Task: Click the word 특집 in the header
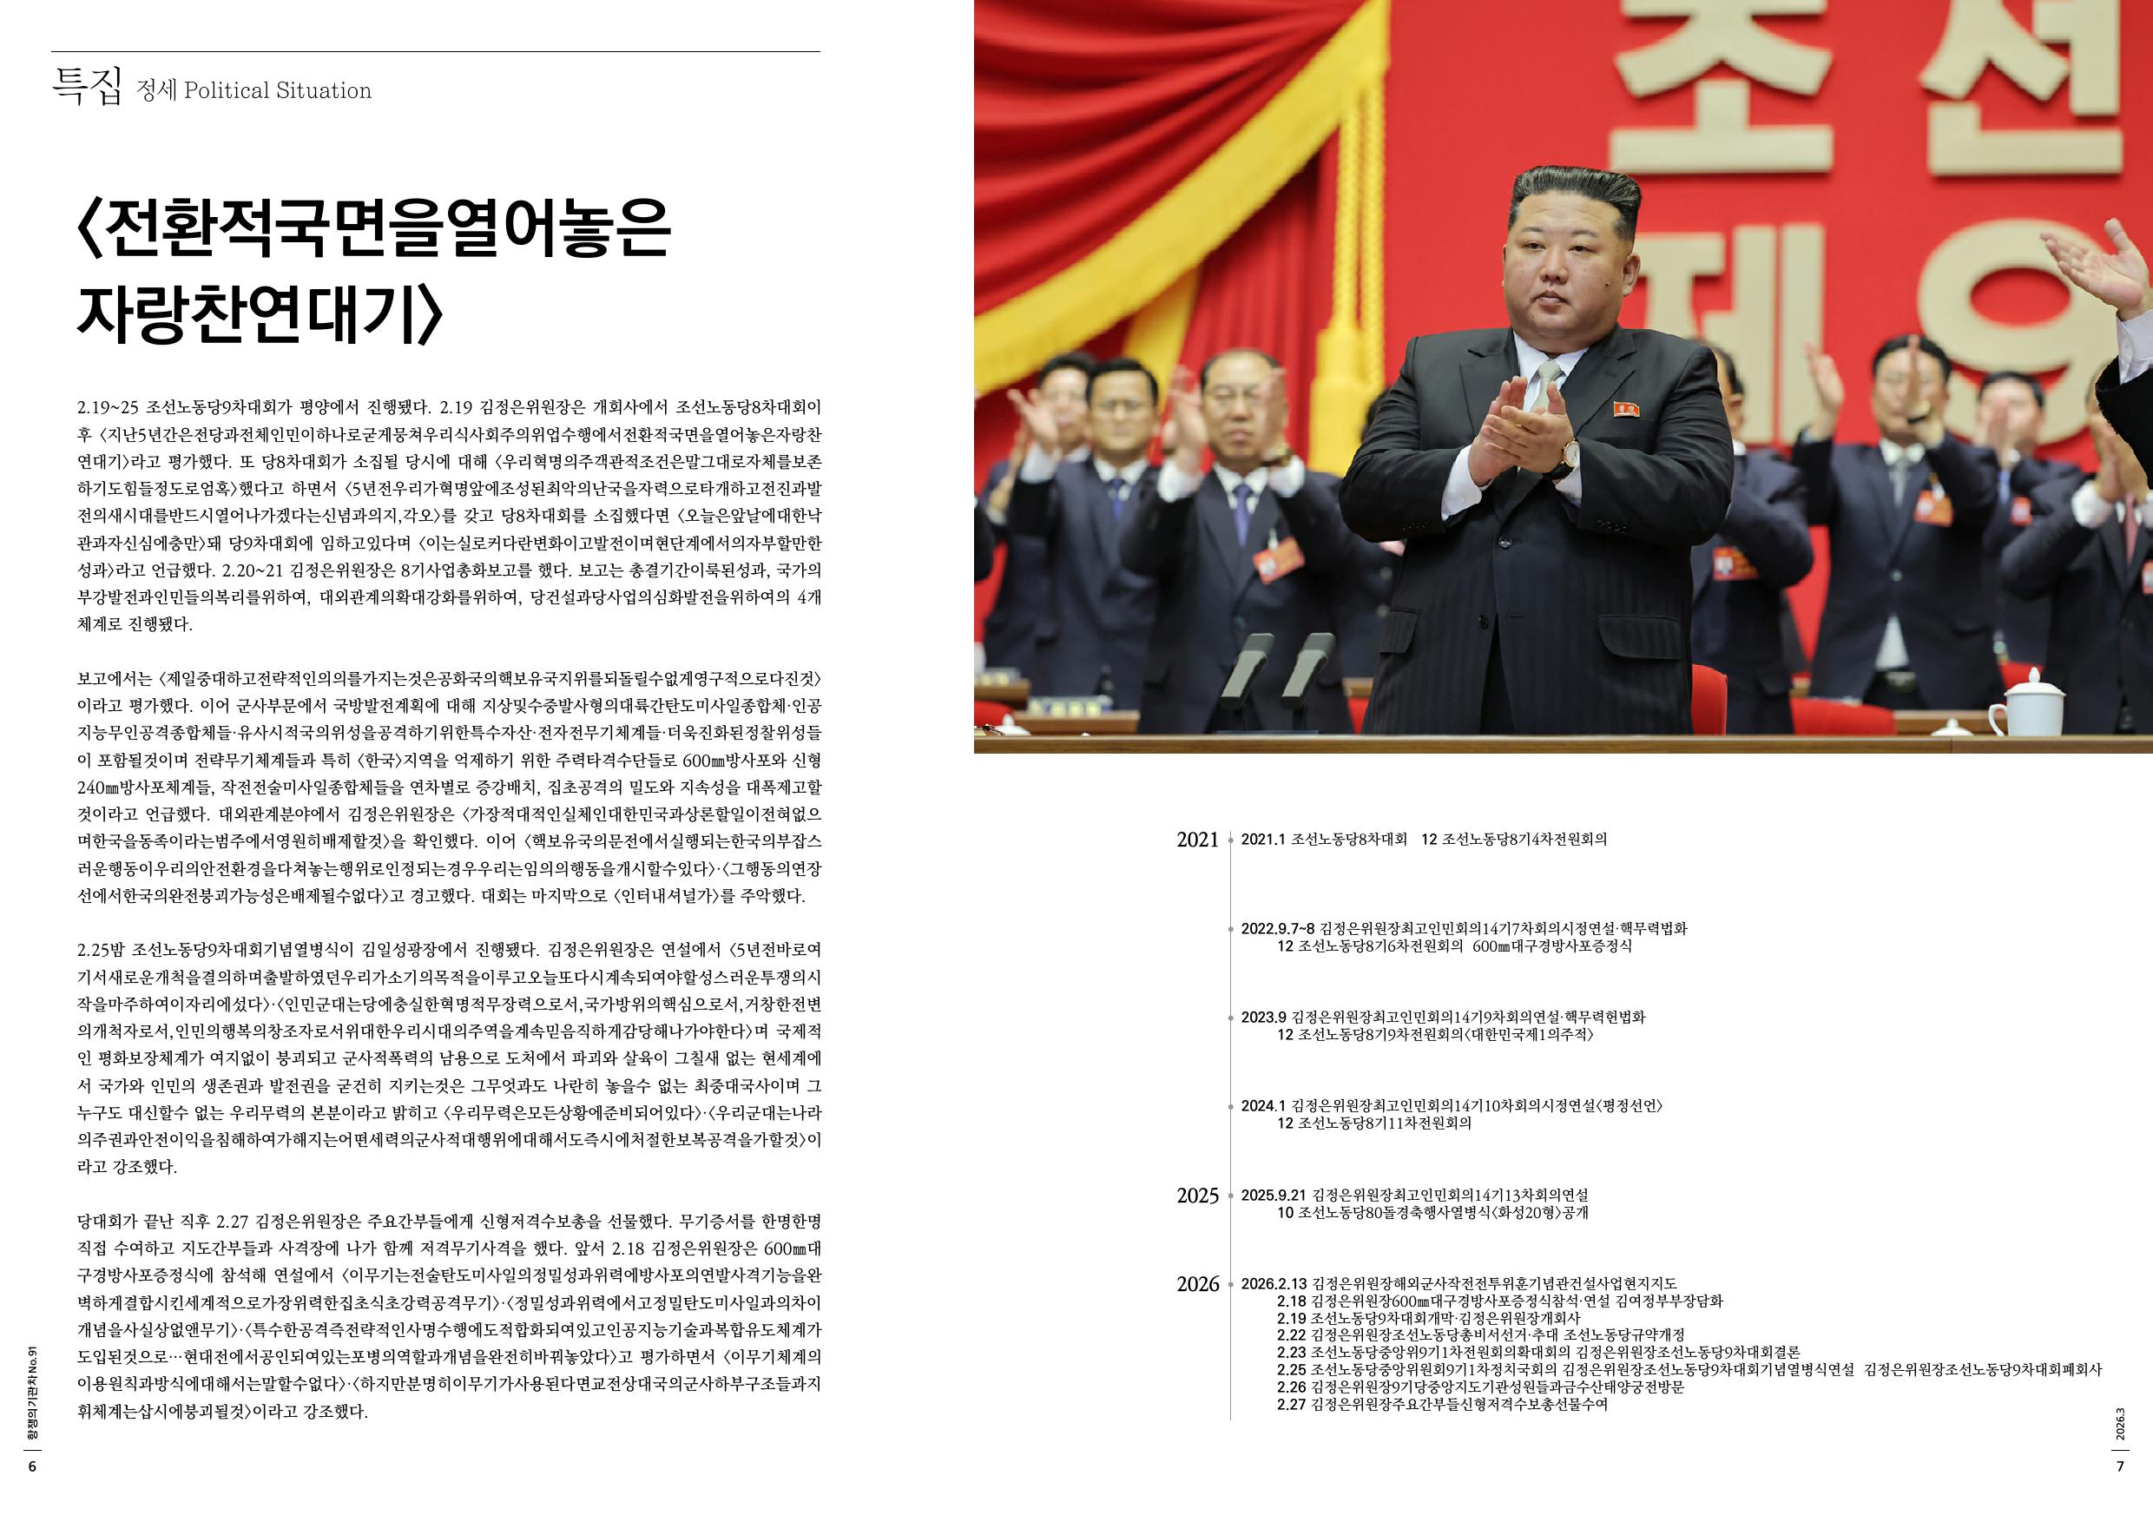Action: coord(86,89)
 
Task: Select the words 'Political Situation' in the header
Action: coord(278,91)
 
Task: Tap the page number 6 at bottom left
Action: coord(32,1467)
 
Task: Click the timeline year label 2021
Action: coord(1197,840)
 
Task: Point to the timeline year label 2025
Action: coord(1197,1196)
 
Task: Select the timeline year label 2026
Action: coord(1197,1284)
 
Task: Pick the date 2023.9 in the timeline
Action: coord(1263,1018)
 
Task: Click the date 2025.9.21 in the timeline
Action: coord(1273,1196)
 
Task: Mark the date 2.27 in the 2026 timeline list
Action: coord(1291,1405)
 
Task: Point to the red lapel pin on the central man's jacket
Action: coord(1626,409)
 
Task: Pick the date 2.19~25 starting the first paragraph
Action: coord(108,408)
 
